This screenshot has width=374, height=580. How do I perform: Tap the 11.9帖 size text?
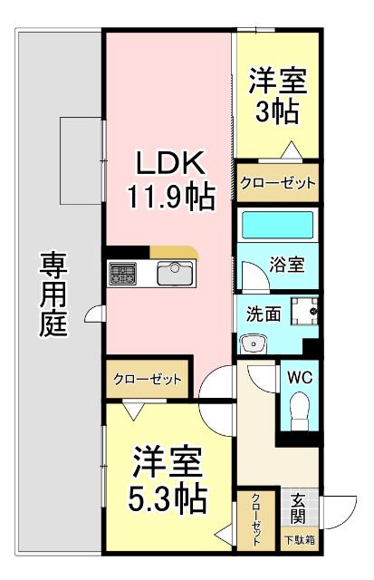[x=169, y=194]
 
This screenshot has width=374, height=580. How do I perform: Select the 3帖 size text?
[x=277, y=113]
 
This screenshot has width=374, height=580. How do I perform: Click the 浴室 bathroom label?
[x=286, y=268]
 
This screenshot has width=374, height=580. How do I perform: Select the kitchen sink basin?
[x=173, y=273]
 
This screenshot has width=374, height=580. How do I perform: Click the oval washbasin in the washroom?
[x=253, y=343]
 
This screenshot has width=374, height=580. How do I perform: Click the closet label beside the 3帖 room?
[x=278, y=183]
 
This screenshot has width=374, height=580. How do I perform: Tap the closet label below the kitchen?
[x=148, y=379]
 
